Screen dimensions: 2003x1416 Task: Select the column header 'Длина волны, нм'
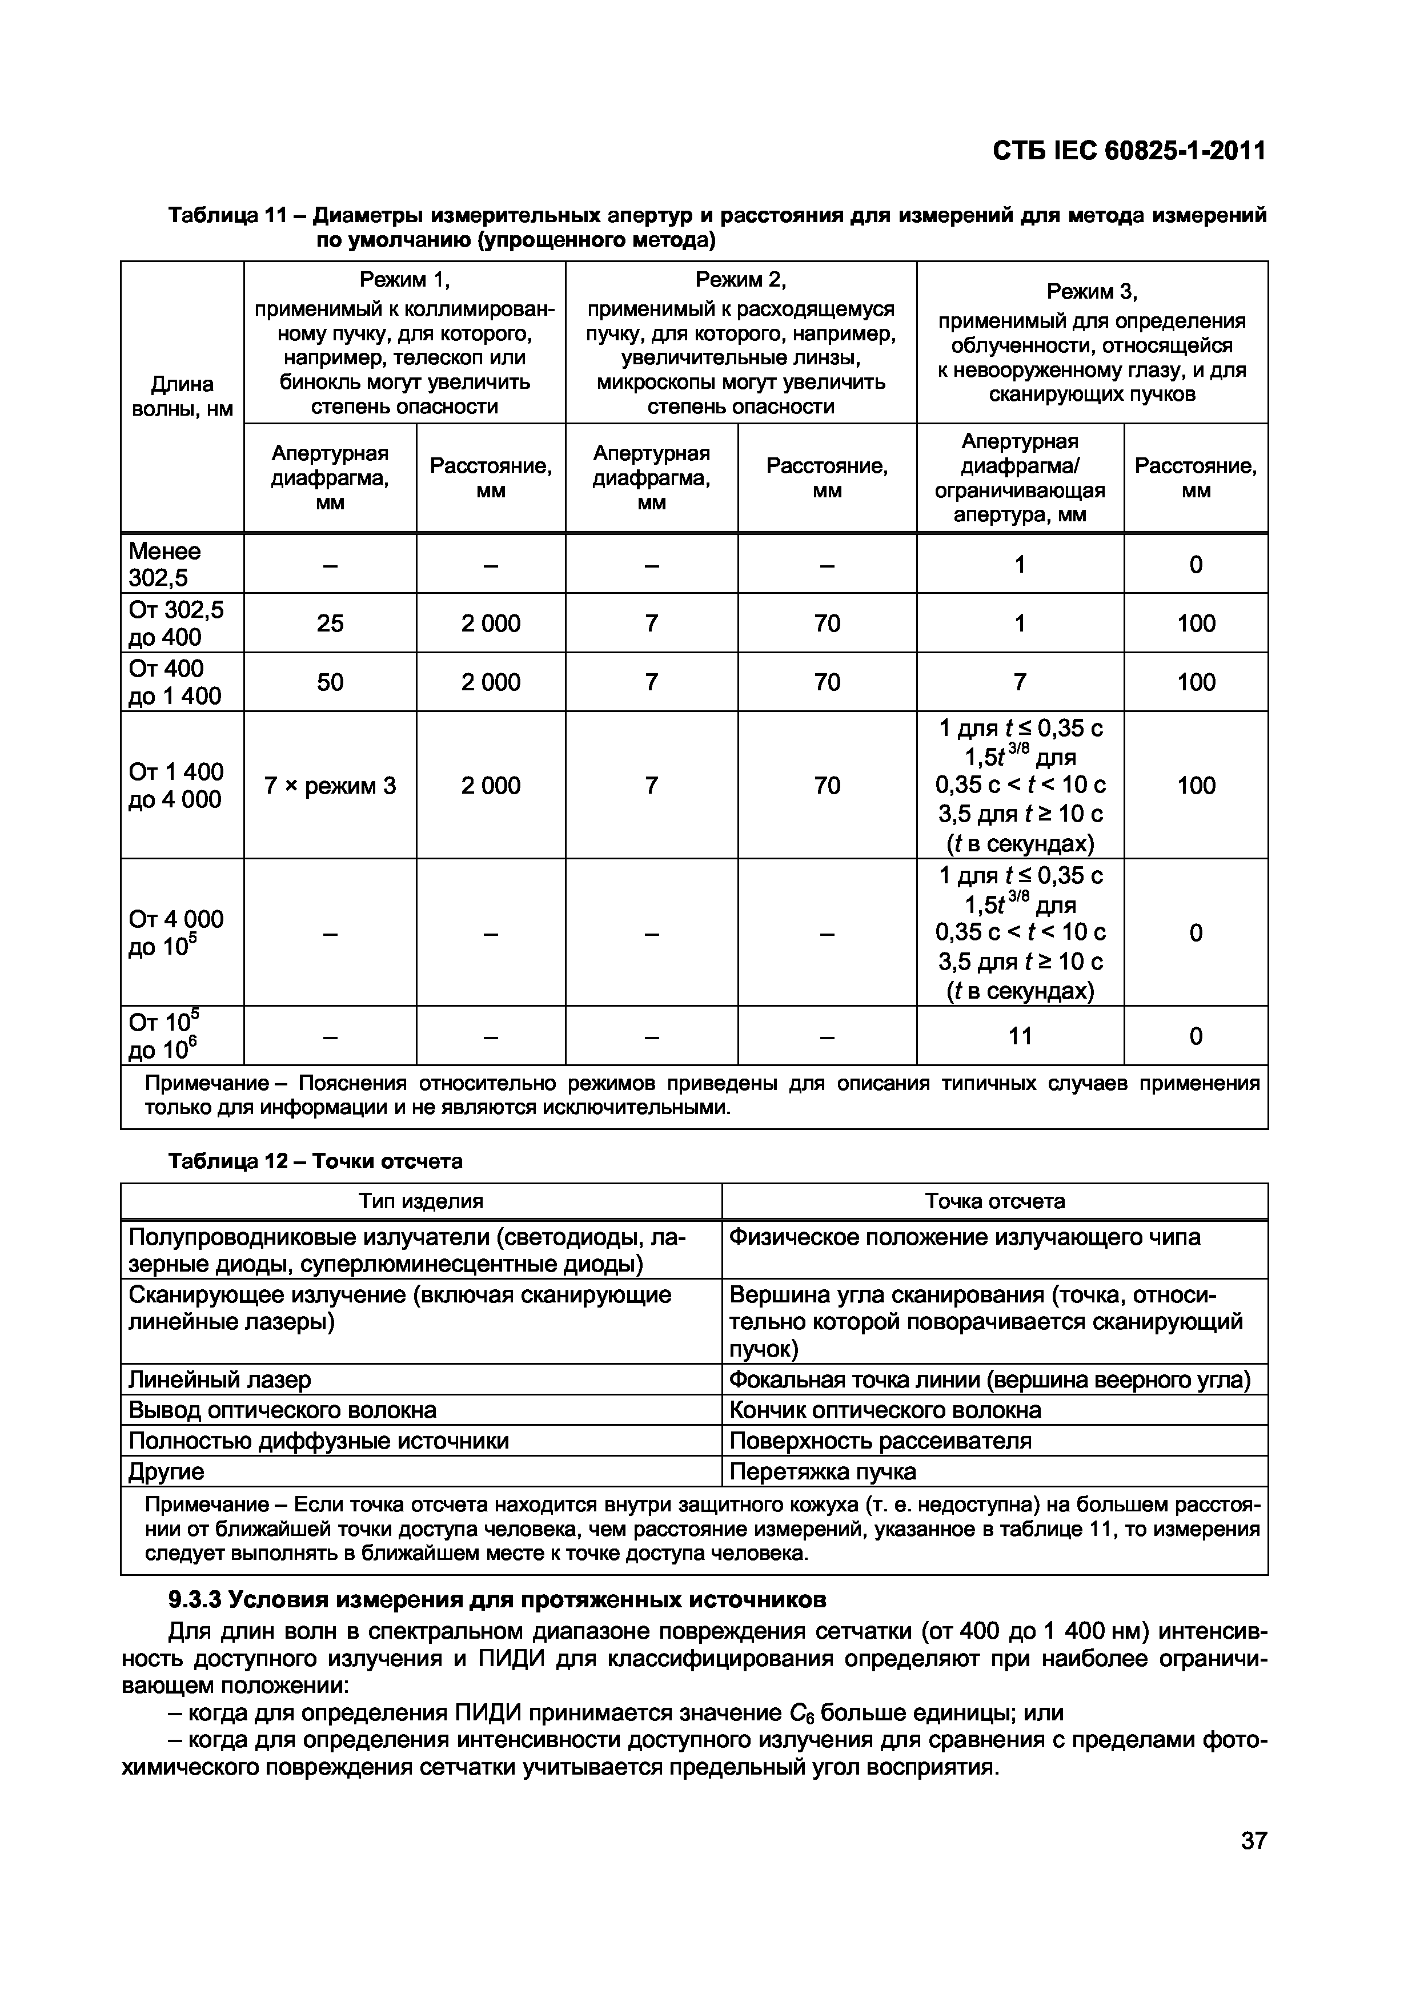coord(182,397)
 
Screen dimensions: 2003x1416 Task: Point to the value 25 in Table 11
coord(330,623)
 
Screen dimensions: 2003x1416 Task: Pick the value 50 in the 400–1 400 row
coord(330,681)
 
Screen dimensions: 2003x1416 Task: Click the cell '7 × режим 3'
coord(330,785)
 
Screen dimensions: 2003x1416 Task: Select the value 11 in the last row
coord(1020,1036)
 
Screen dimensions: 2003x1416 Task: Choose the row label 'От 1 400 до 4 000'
coord(177,785)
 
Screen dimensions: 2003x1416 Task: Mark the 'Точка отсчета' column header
coord(994,1201)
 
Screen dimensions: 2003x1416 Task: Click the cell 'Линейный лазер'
coord(220,1379)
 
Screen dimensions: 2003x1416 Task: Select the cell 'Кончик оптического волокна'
coord(885,1410)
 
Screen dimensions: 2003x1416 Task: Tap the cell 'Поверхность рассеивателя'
coord(880,1441)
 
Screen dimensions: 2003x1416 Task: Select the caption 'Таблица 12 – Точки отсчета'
coord(315,1161)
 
